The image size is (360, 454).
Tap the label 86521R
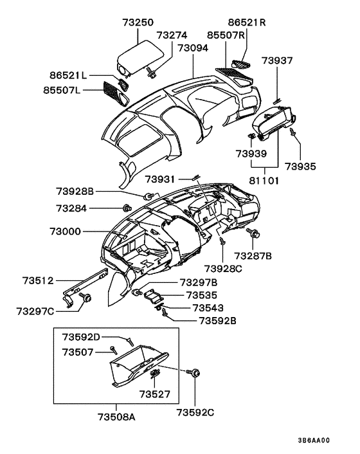(245, 23)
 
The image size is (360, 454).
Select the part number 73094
(194, 48)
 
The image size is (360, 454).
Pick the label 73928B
(75, 191)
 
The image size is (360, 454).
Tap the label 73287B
(253, 256)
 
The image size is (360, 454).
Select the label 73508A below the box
(116, 416)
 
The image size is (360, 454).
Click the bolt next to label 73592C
(194, 372)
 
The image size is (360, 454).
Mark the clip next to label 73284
(127, 208)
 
